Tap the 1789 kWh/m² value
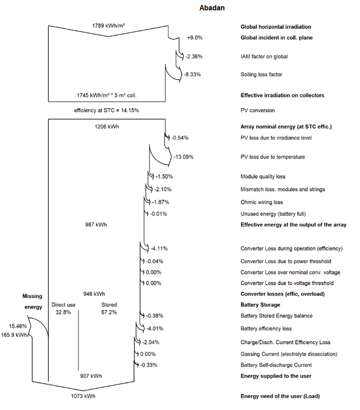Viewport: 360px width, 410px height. point(108,26)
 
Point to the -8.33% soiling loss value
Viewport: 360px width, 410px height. point(193,74)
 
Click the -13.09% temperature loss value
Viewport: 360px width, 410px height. point(184,157)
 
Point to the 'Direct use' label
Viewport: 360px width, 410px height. point(64,305)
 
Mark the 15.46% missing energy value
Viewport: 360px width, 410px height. point(18,325)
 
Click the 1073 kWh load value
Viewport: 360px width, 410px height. point(83,396)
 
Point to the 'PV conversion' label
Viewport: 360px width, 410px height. point(258,110)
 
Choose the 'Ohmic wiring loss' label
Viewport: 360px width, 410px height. point(262,202)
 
